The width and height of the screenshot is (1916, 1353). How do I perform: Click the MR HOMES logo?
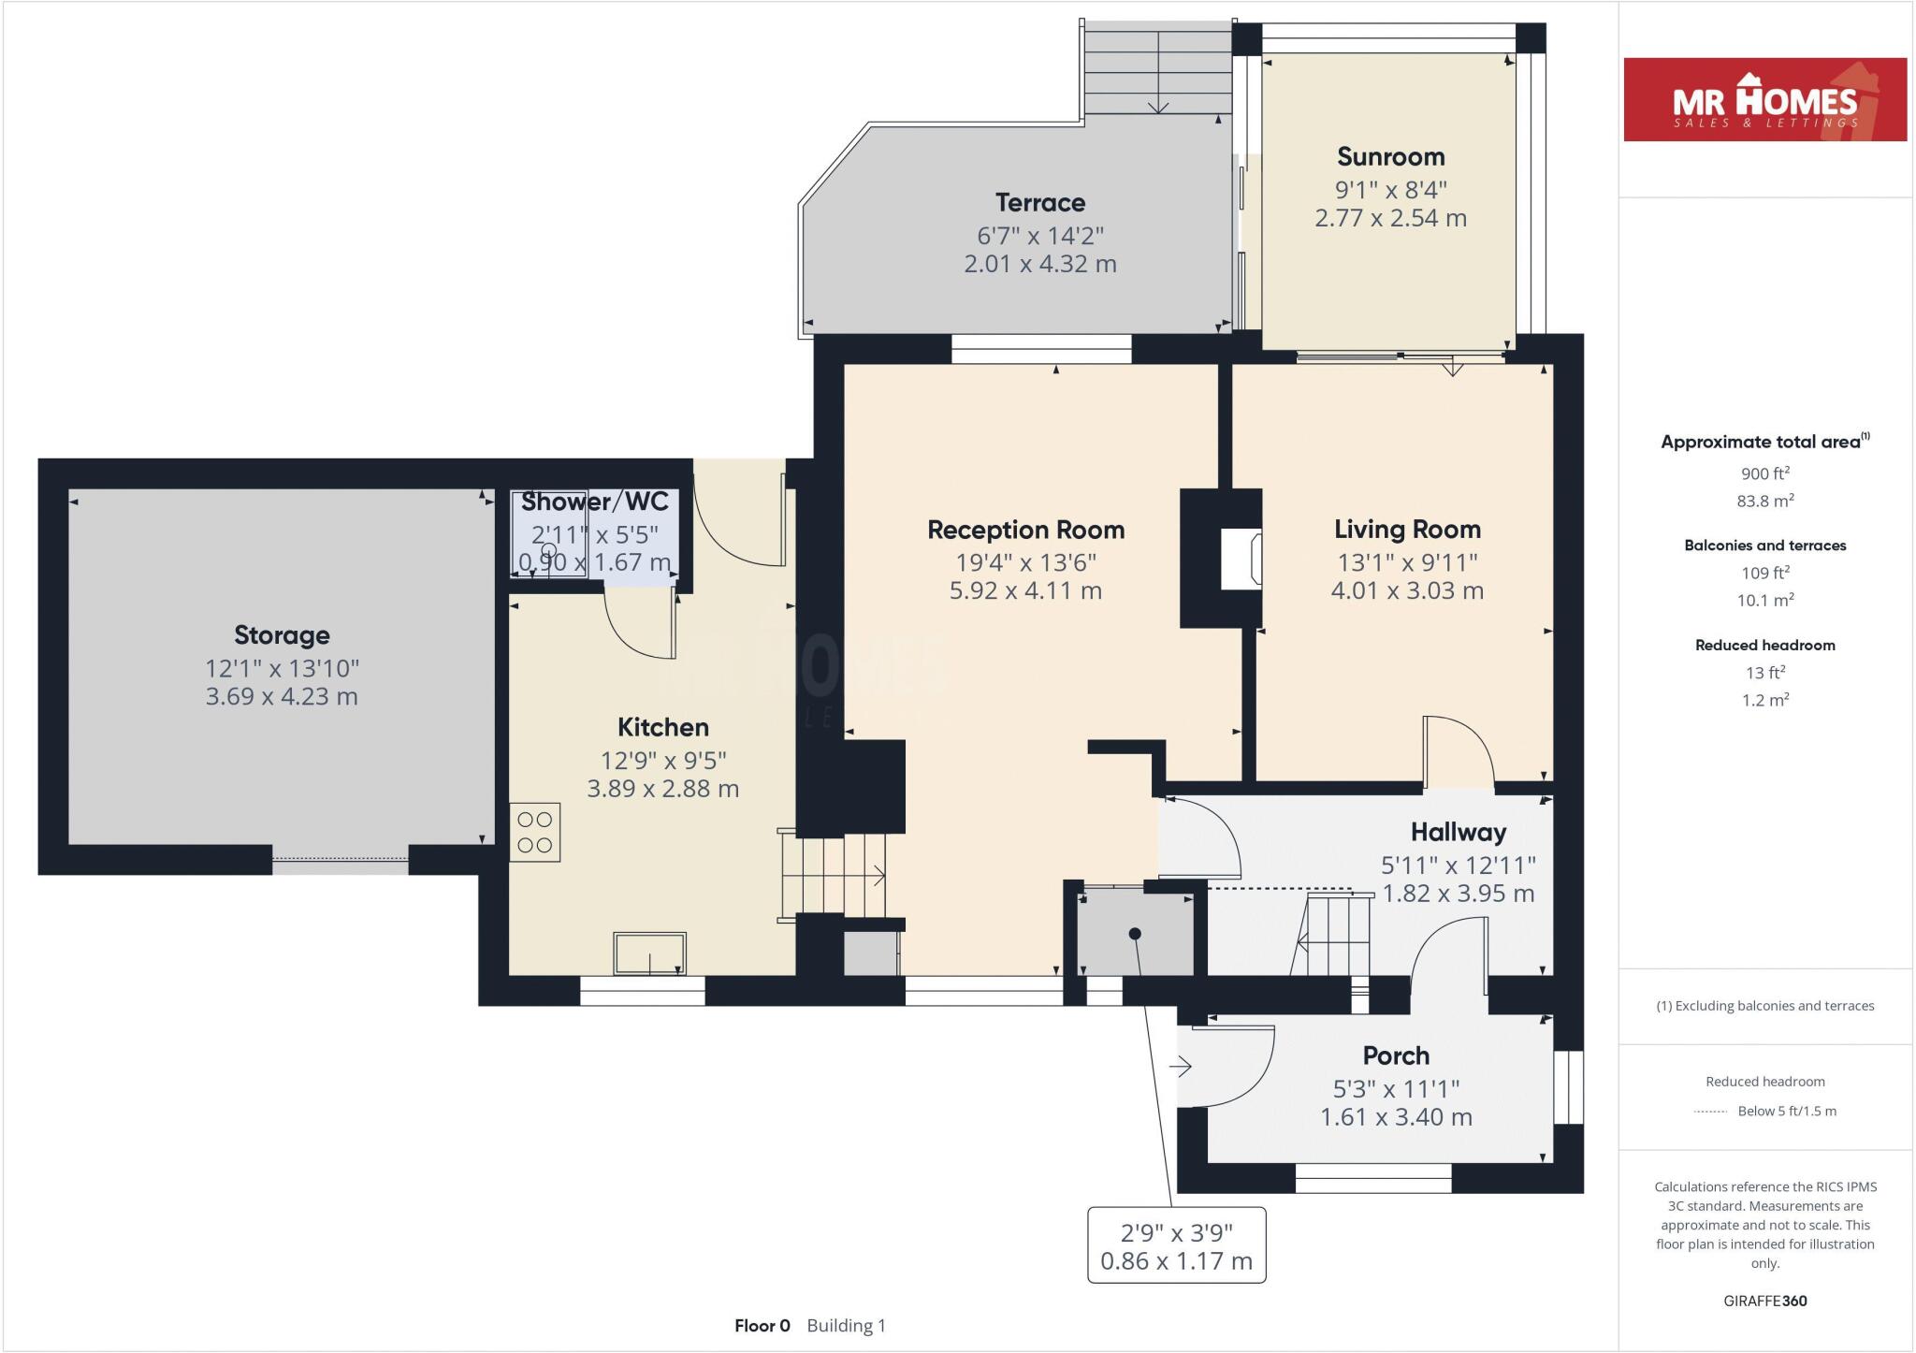(x=1764, y=100)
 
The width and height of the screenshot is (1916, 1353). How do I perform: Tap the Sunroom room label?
(x=1390, y=156)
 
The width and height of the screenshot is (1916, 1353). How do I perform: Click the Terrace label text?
(x=1039, y=202)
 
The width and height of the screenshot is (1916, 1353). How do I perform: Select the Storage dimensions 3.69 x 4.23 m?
(x=282, y=696)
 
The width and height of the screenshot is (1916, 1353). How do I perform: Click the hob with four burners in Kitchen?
(x=535, y=832)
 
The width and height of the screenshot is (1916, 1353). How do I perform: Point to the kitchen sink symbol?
(x=649, y=953)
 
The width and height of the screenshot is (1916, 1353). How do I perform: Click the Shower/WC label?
(x=594, y=502)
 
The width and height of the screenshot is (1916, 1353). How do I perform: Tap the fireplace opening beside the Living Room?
(x=1241, y=559)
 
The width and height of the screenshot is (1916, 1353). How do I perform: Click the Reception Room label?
(x=1025, y=530)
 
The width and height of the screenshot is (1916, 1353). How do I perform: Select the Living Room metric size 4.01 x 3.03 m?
(x=1407, y=590)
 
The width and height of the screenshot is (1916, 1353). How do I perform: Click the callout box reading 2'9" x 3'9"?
(x=1176, y=1246)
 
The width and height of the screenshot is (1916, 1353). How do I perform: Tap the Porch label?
(x=1396, y=1055)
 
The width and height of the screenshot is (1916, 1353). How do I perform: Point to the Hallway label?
(x=1458, y=832)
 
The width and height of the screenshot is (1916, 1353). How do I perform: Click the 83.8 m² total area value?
(x=1764, y=501)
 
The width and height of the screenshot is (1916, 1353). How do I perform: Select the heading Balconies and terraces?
(x=1764, y=546)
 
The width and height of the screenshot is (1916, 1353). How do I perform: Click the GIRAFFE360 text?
(x=1764, y=1301)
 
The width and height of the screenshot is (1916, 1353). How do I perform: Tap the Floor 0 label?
(x=762, y=1325)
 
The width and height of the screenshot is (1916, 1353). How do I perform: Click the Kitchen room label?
(x=662, y=727)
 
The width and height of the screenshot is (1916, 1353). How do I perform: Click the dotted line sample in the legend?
(x=1709, y=1112)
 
